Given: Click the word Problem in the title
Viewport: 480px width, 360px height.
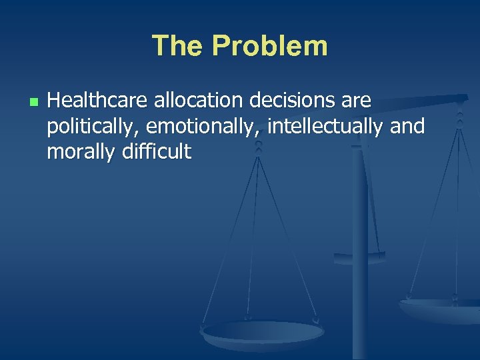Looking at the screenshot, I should coord(269,46).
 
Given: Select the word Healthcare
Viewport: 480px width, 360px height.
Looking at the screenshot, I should coord(98,101).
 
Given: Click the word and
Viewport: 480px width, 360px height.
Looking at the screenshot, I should coord(407,127).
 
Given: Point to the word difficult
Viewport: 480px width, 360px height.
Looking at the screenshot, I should coord(155,152).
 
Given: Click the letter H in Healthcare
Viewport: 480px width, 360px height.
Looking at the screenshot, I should coord(55,101).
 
